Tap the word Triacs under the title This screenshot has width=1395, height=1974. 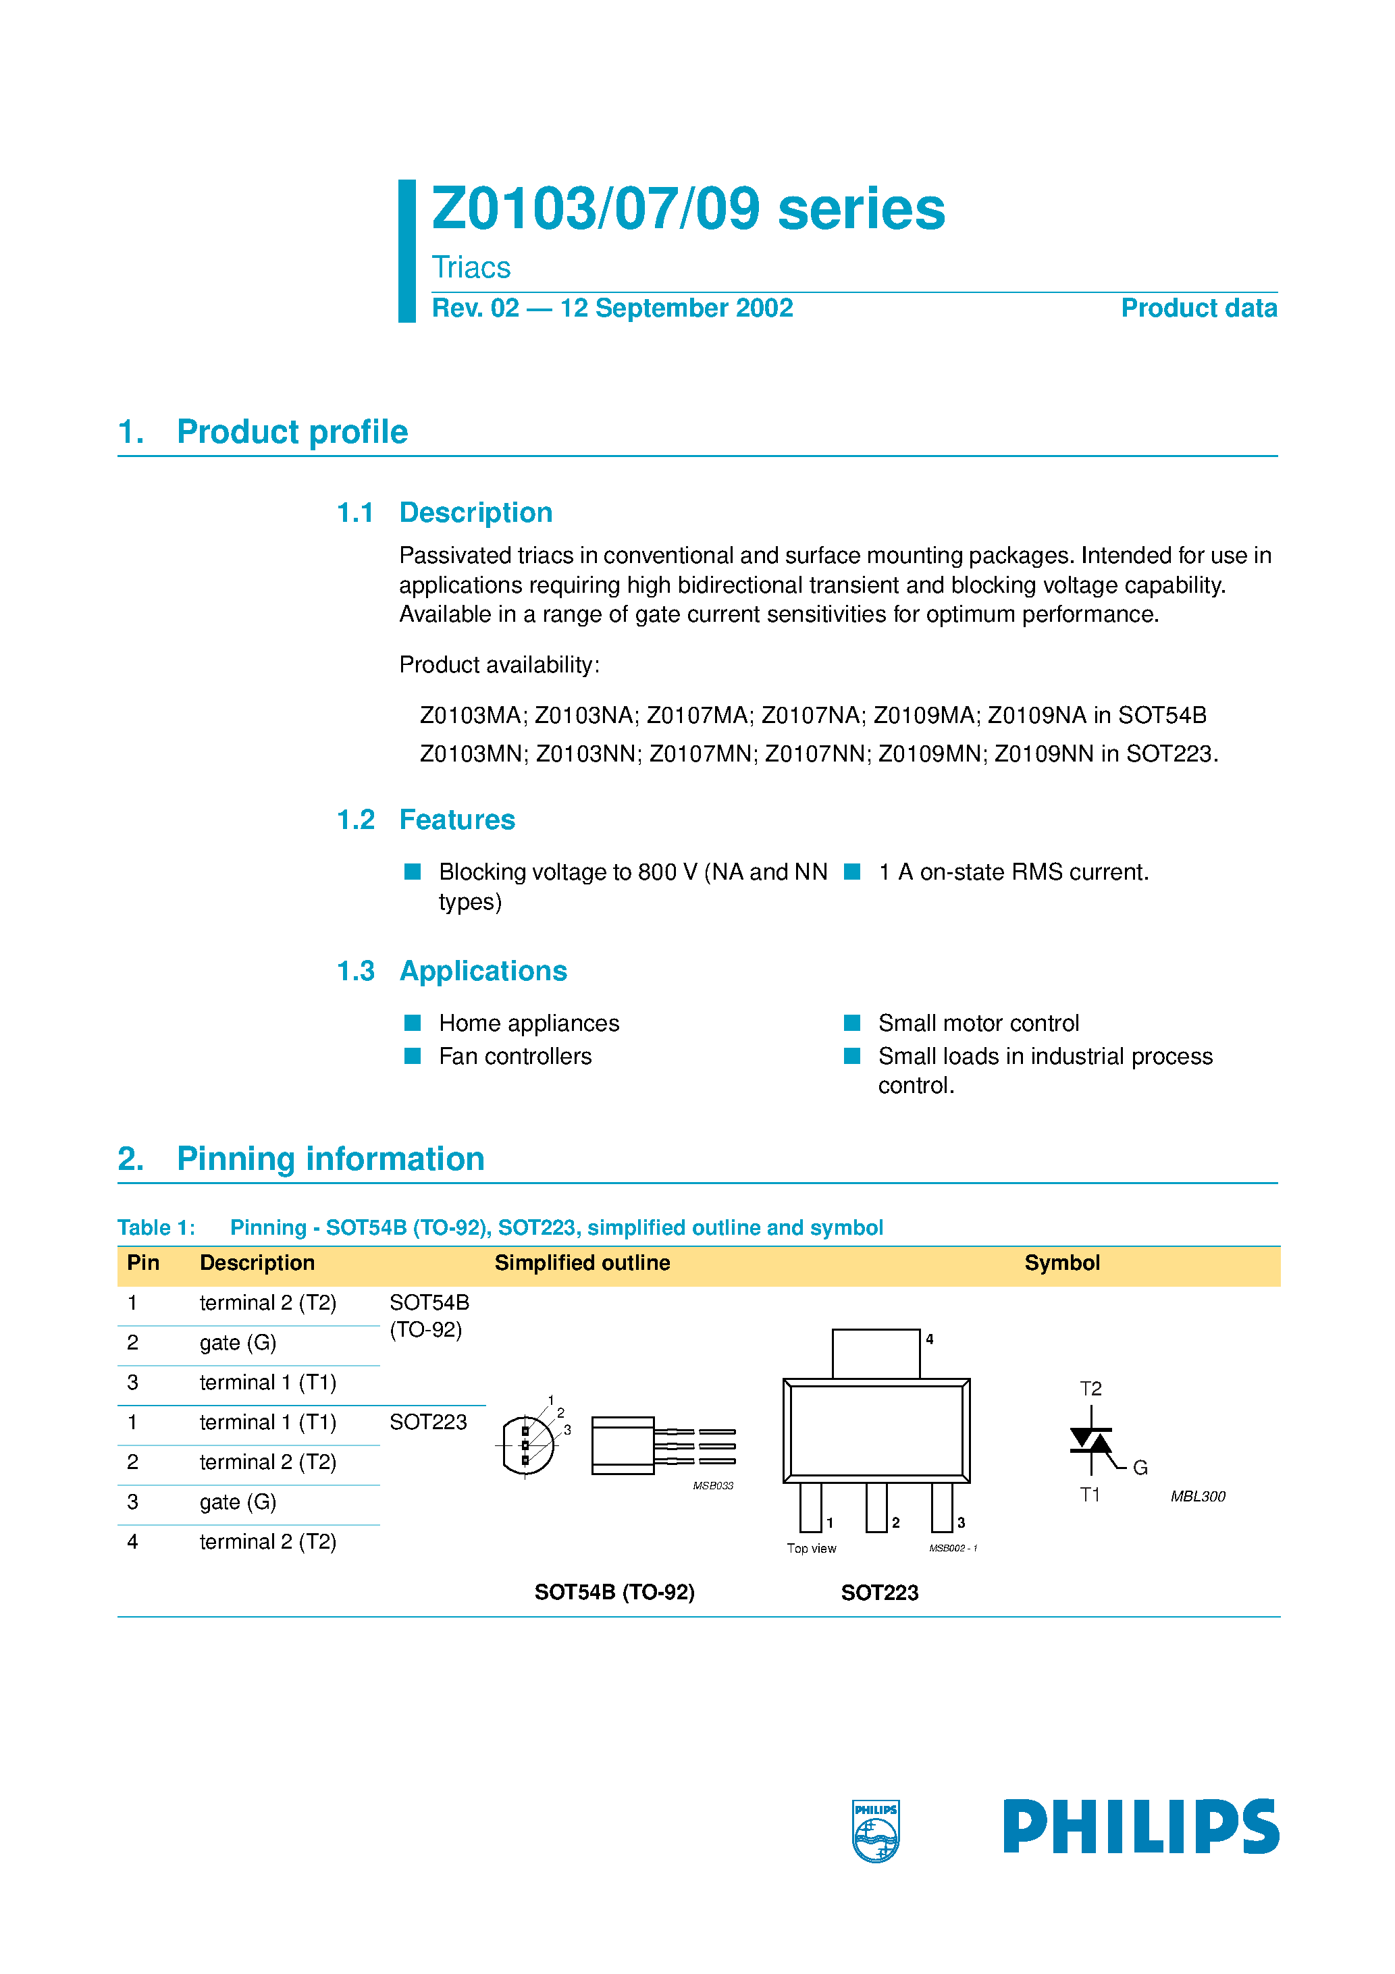[471, 267]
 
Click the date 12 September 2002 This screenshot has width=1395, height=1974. [676, 308]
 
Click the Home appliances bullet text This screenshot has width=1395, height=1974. [528, 1023]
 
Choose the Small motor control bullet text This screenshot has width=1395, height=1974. [978, 1023]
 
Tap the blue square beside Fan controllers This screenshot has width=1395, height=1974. [413, 1056]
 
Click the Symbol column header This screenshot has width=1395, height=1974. [1061, 1263]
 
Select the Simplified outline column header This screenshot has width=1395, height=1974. [582, 1263]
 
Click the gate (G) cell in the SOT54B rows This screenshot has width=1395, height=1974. [238, 1343]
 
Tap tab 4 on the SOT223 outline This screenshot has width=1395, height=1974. [876, 1354]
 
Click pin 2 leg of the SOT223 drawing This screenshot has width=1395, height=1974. [876, 1507]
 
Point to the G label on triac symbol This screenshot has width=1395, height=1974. [1140, 1468]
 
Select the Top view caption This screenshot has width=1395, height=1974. [811, 1549]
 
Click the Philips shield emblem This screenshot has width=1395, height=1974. [876, 1830]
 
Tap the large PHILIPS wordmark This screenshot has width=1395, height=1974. [1140, 1826]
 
